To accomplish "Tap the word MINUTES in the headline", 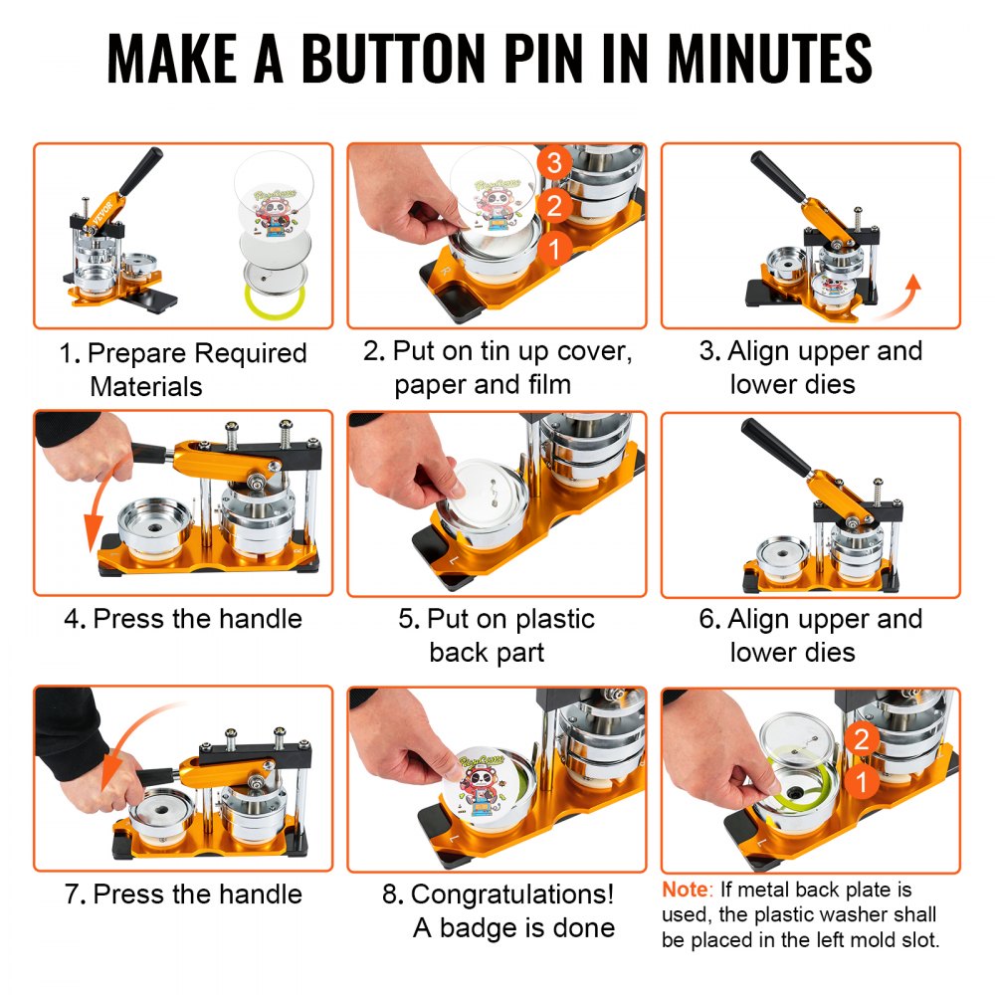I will click(x=769, y=60).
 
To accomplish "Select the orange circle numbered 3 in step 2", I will click(x=554, y=162).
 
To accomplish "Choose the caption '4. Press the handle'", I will click(x=182, y=619).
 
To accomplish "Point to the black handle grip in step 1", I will click(x=141, y=171).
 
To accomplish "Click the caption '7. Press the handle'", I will click(x=183, y=894).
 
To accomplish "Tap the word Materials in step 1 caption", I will click(x=146, y=386).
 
